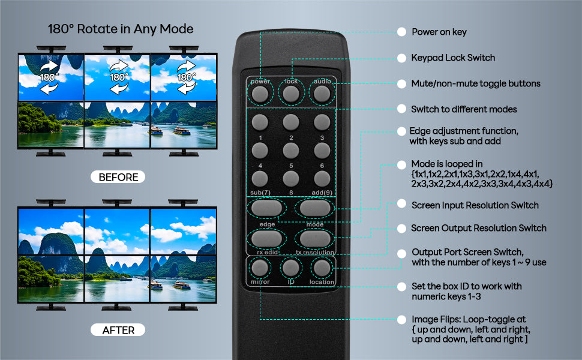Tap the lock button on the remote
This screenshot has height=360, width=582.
pos(291,94)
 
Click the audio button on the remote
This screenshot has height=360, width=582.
pos(322,94)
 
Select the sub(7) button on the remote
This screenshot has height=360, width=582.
pos(260,179)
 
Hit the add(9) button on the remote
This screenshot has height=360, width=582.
pos(322,179)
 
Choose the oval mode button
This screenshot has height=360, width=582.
pos(315,208)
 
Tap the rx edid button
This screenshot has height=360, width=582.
pos(266,239)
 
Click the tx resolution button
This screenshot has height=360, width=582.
pos(315,239)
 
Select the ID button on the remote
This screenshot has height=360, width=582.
pos(290,268)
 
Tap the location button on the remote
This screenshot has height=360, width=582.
pos(322,268)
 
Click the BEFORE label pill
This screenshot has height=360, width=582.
pos(118,177)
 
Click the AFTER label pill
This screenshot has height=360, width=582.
pos(118,330)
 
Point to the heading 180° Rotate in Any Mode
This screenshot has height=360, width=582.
pos(121,29)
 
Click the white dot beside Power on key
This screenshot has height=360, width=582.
pos(401,32)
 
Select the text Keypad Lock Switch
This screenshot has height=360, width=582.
pos(453,58)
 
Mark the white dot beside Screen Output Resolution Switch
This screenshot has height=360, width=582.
pos(401,228)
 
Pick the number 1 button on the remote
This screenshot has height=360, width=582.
pos(260,122)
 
